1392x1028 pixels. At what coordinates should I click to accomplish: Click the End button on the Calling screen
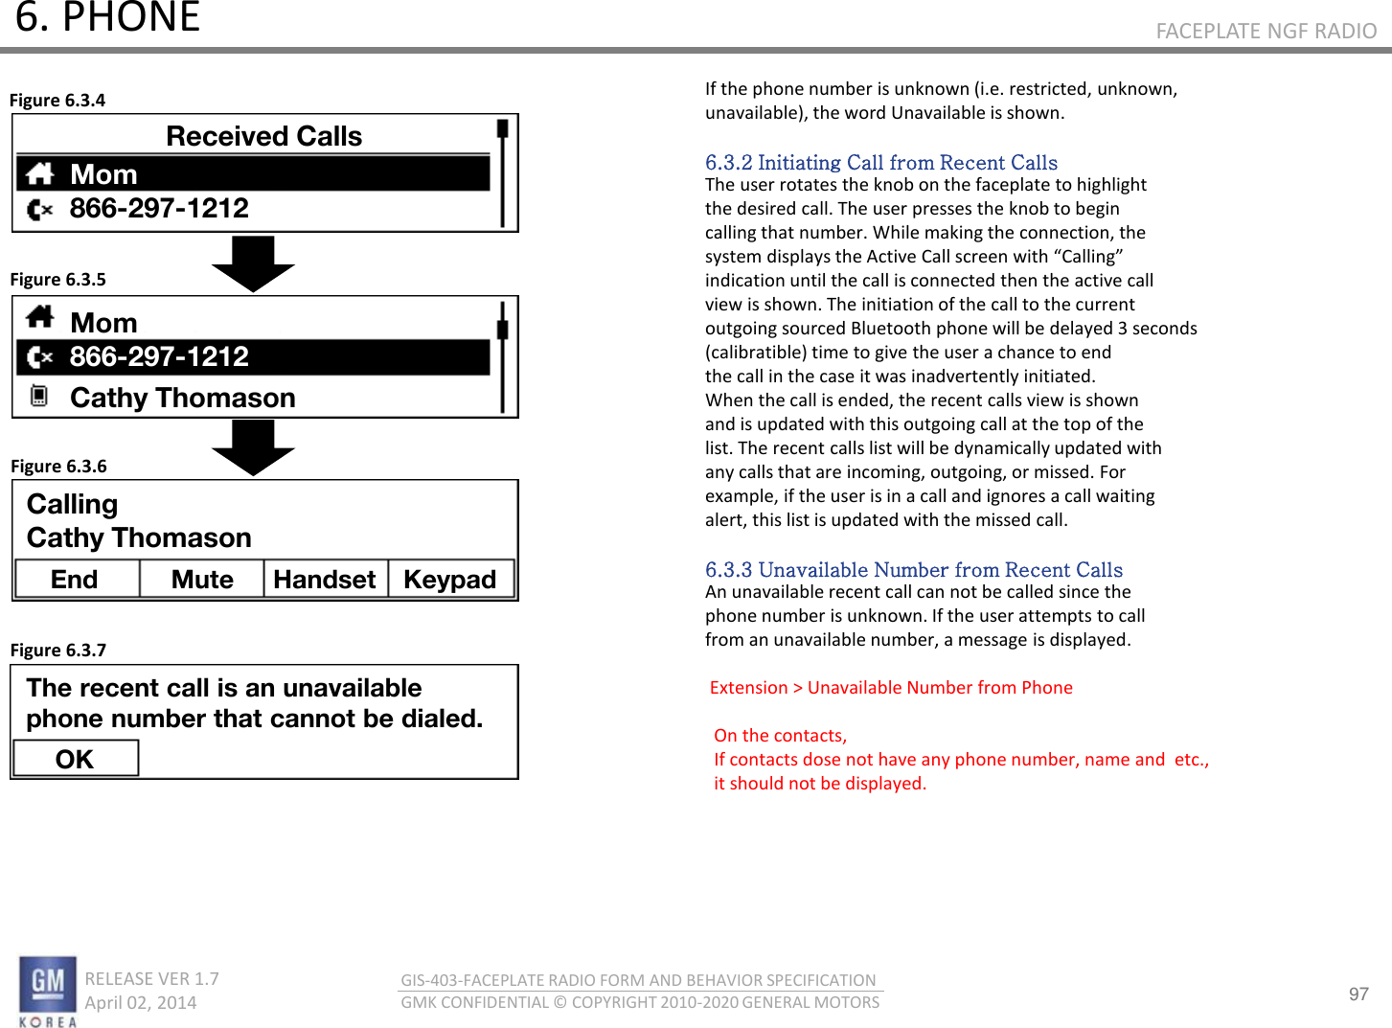click(x=76, y=580)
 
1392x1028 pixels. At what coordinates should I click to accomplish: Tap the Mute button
click(x=202, y=580)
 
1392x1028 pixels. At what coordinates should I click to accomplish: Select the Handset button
click(x=325, y=580)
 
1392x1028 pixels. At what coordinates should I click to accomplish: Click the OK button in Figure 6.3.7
click(x=75, y=759)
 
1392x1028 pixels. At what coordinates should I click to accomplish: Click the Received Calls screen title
click(x=263, y=136)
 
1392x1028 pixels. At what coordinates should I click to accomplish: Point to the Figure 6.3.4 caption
click(x=57, y=101)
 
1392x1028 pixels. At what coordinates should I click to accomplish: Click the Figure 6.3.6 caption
click(x=58, y=467)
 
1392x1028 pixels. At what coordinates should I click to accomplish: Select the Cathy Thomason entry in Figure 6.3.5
click(x=182, y=398)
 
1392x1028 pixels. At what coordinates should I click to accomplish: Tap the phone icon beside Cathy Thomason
click(x=39, y=396)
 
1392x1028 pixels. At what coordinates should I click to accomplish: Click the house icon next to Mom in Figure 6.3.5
click(x=40, y=317)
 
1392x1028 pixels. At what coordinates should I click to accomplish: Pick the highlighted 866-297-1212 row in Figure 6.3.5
click(x=253, y=357)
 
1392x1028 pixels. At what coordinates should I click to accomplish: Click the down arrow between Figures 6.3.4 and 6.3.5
click(x=253, y=263)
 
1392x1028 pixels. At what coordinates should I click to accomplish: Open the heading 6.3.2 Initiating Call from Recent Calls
click(x=881, y=163)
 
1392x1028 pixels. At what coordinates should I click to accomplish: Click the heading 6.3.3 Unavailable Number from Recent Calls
click(x=913, y=570)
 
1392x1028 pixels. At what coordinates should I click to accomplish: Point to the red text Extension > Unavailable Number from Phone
click(x=891, y=688)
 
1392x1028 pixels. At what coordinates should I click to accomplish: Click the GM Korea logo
click(x=47, y=991)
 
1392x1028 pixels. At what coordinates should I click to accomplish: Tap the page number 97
click(x=1358, y=994)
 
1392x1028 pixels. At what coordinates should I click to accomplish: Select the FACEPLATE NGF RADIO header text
click(x=1266, y=32)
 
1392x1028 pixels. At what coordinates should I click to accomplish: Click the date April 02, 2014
click(x=141, y=1003)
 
